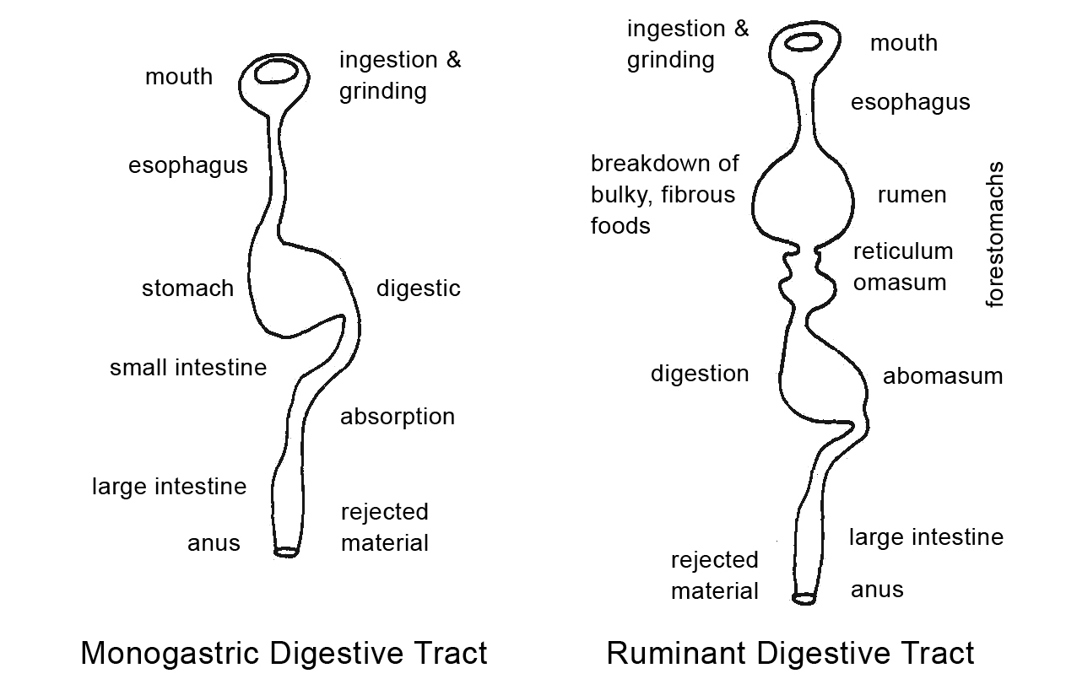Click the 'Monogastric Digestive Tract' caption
pyautogui.click(x=284, y=653)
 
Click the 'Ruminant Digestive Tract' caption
pyautogui.click(x=790, y=653)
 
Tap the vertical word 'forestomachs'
pyautogui.click(x=996, y=234)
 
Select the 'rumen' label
pyautogui.click(x=912, y=196)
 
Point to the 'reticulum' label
pyautogui.click(x=903, y=251)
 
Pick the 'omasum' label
pyautogui.click(x=900, y=282)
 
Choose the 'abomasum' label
pyautogui.click(x=943, y=376)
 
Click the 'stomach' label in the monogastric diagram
pyautogui.click(x=187, y=288)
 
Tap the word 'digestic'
pyautogui.click(x=419, y=288)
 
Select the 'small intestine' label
pyautogui.click(x=188, y=368)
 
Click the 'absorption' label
pyautogui.click(x=398, y=417)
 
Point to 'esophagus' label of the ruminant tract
pyautogui.click(x=910, y=103)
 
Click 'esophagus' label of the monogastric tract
pyautogui.click(x=188, y=165)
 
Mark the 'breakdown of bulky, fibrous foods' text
pyautogui.click(x=663, y=195)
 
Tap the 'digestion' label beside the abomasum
pyautogui.click(x=700, y=374)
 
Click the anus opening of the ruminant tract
pyautogui.click(x=804, y=599)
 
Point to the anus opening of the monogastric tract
pyautogui.click(x=286, y=552)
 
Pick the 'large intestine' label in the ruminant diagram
pyautogui.click(x=926, y=537)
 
